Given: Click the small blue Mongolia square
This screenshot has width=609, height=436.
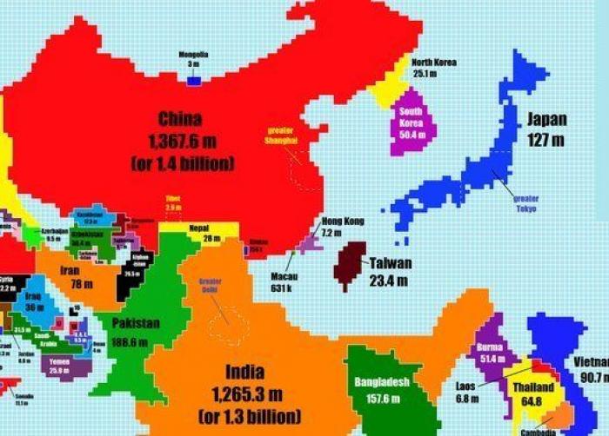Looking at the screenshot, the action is point(193,81).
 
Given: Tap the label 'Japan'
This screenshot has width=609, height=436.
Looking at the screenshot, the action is point(546,120).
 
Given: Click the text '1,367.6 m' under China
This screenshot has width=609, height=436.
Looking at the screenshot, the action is point(180,141).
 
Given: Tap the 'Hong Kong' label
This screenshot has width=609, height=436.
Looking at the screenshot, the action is point(342,221).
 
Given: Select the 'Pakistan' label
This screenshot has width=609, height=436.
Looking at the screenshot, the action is point(135,323).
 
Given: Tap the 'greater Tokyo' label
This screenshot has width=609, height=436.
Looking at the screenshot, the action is point(525,203).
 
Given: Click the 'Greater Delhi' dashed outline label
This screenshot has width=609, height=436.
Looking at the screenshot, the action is point(211,287).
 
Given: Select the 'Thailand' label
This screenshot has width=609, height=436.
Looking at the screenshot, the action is point(532,387).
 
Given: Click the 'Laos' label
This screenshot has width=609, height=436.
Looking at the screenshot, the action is point(465,386).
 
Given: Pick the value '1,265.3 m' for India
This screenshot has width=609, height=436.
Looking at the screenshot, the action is point(250,397).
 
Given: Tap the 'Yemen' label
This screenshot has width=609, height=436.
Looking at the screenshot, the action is point(59,361).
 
